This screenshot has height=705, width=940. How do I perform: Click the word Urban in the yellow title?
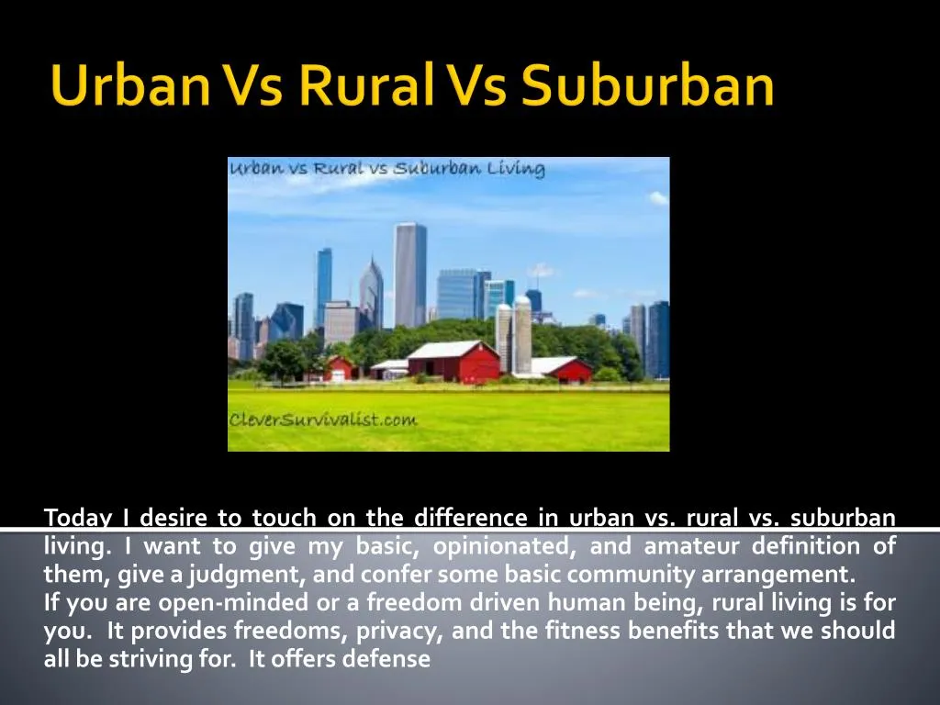point(130,84)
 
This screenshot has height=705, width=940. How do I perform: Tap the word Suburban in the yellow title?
point(647,84)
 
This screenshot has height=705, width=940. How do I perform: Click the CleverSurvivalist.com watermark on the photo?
point(322,419)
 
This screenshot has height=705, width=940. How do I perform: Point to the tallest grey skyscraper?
point(410,274)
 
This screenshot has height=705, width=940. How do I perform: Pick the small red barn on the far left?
point(340,368)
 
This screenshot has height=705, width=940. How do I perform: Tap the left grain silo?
point(504,337)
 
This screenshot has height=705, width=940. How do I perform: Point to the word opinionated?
point(500,546)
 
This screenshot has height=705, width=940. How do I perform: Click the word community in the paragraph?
point(630,575)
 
